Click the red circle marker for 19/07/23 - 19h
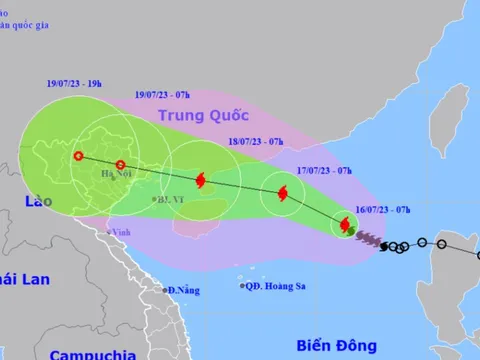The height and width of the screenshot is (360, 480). [78, 155]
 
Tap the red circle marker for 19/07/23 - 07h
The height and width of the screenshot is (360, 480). [120, 165]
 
